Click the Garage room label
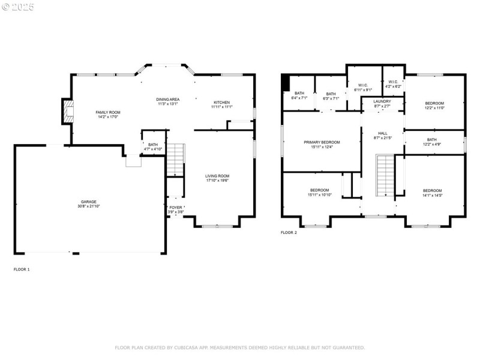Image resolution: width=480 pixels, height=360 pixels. pyautogui.click(x=89, y=202)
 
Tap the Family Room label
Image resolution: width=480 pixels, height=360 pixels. pyautogui.click(x=108, y=112)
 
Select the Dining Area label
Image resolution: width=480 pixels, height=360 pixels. pyautogui.click(x=168, y=99)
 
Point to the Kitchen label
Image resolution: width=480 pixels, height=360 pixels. pyautogui.click(x=221, y=103)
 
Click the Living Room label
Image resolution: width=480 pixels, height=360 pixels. pyautogui.click(x=217, y=176)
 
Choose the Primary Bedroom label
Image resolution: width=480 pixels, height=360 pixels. pyautogui.click(x=322, y=142)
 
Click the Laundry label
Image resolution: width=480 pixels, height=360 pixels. pyautogui.click(x=382, y=101)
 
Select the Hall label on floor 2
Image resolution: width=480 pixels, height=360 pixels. pyautogui.click(x=382, y=133)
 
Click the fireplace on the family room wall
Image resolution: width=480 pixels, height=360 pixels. pyautogui.click(x=68, y=112)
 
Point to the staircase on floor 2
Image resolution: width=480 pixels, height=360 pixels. pyautogui.click(x=384, y=175)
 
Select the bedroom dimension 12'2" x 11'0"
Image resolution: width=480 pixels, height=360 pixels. pyautogui.click(x=434, y=107)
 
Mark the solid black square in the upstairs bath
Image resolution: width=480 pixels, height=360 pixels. pyautogui.click(x=286, y=82)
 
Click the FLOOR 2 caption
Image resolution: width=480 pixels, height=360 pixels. pyautogui.click(x=289, y=232)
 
